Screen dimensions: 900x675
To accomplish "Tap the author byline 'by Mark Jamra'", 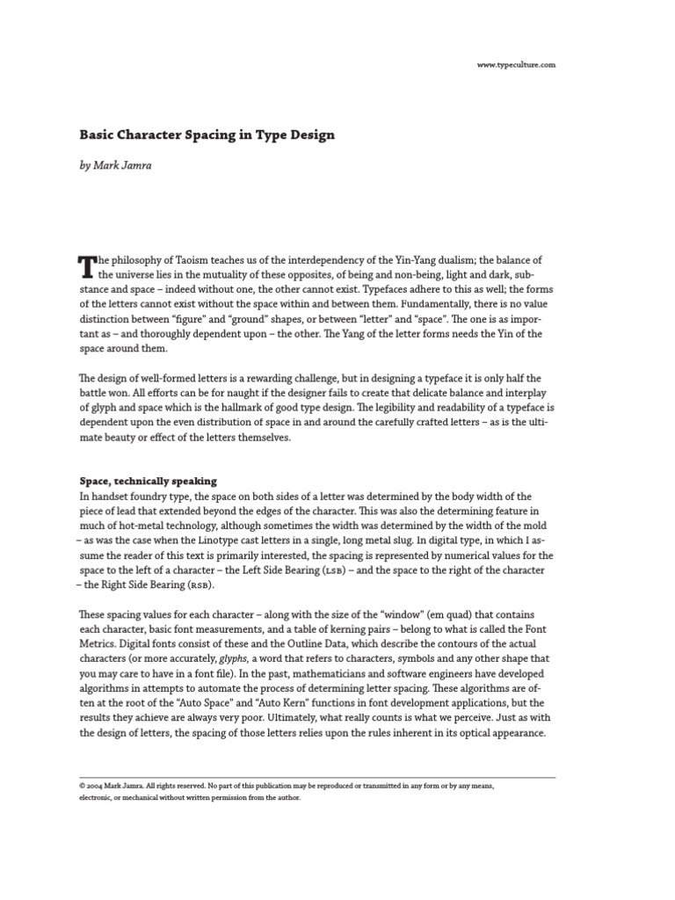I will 115,165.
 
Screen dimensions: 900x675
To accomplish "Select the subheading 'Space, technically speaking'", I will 148,482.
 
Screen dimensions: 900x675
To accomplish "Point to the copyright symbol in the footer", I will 82,787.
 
